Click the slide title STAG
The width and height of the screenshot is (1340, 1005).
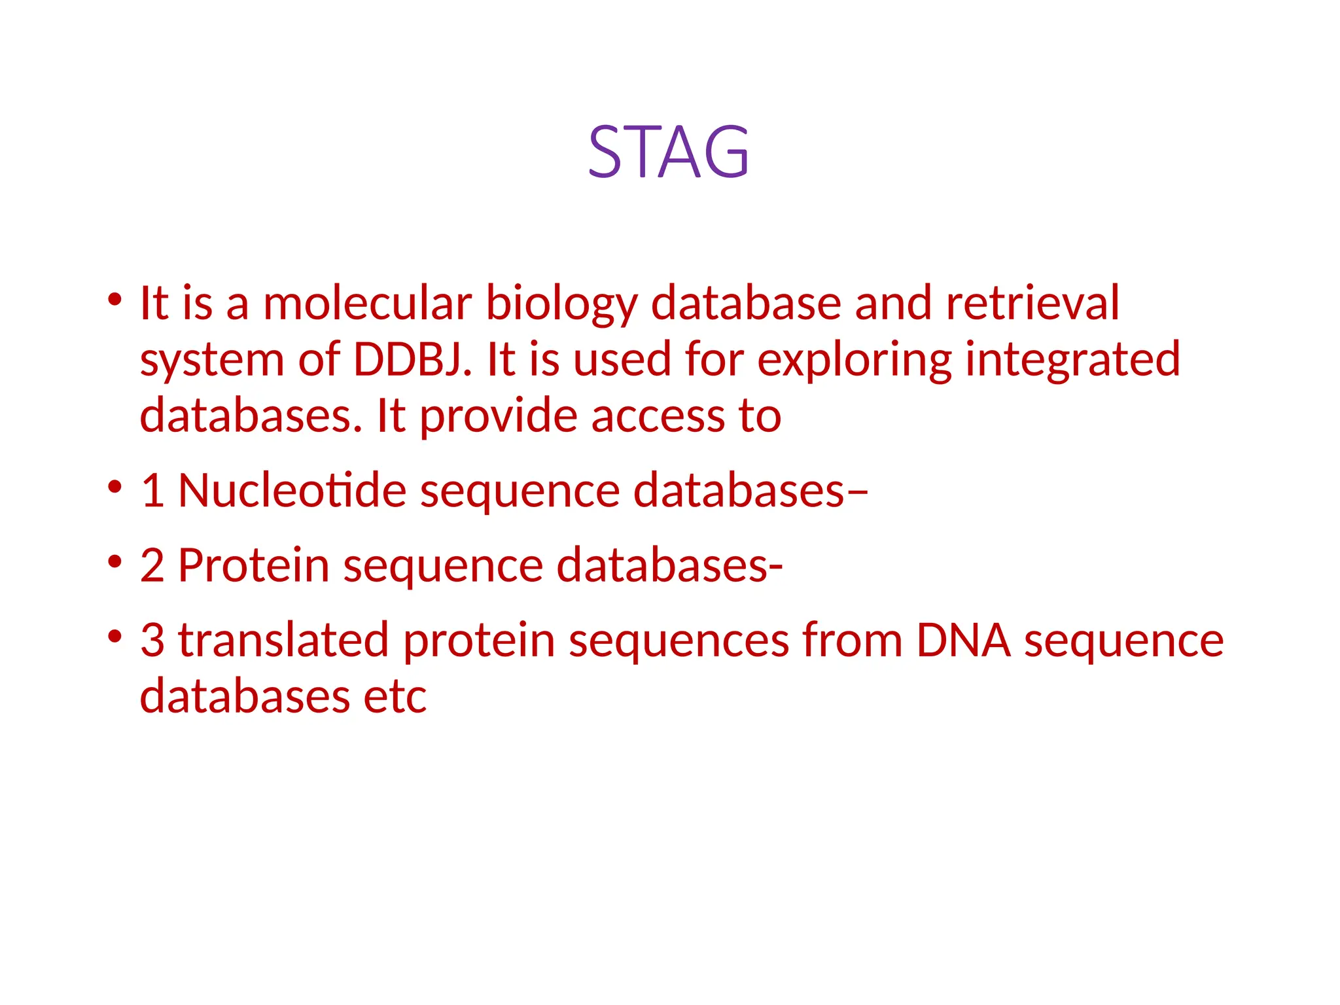pyautogui.click(x=668, y=152)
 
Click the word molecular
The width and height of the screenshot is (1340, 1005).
pyautogui.click(x=367, y=304)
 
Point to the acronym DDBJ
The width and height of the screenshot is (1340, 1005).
pyautogui.click(x=412, y=360)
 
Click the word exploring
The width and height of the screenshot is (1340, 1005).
pyautogui.click(x=854, y=361)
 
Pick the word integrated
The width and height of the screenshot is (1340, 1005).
pyautogui.click(x=1072, y=361)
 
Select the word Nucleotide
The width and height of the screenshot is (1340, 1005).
pyautogui.click(x=292, y=491)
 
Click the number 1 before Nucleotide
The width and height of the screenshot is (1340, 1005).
pyautogui.click(x=152, y=491)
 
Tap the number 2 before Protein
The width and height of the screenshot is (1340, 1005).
pyautogui.click(x=152, y=565)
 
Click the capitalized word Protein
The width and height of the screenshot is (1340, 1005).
pyautogui.click(x=253, y=565)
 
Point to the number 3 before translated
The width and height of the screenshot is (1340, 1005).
pyautogui.click(x=152, y=640)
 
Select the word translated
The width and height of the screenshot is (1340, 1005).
pyautogui.click(x=284, y=640)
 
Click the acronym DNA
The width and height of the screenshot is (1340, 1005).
pyautogui.click(x=963, y=640)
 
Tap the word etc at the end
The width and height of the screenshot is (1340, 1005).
pyautogui.click(x=395, y=696)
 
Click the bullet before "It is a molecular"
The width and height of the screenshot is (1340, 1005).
pyautogui.click(x=115, y=300)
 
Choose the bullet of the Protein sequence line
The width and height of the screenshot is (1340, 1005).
pyautogui.click(x=115, y=561)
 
